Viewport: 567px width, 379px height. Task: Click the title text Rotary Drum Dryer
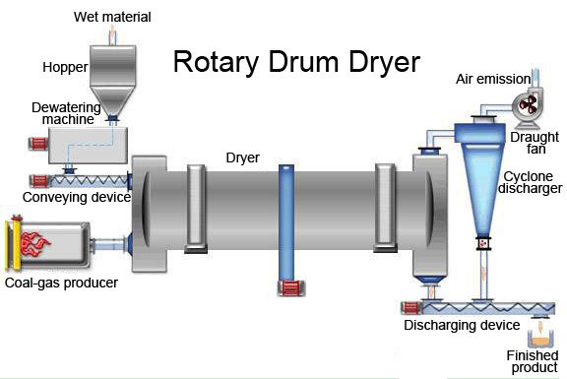(296, 62)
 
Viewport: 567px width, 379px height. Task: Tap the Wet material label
(111, 18)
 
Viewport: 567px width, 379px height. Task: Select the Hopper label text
(65, 68)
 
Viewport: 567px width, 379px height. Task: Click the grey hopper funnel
(113, 79)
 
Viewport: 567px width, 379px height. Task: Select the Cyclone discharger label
(532, 181)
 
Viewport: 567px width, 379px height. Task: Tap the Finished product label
(533, 360)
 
